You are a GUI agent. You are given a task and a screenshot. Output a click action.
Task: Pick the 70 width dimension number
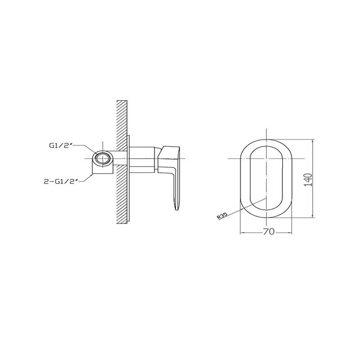pos(268,232)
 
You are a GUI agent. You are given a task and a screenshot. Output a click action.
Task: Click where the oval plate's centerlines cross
pos(267,158)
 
